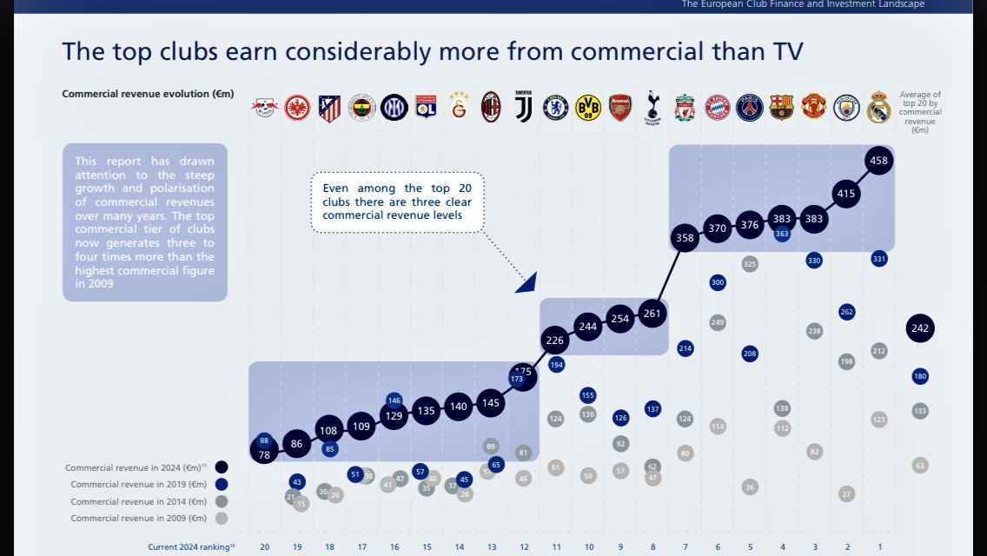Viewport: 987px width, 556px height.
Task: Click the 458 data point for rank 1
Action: [x=878, y=161]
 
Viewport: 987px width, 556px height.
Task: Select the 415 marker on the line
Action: [x=846, y=193]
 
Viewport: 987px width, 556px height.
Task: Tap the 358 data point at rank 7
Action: [x=685, y=237]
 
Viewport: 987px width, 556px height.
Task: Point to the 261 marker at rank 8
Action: [x=652, y=314]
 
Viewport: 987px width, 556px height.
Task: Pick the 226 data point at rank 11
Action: [x=555, y=340]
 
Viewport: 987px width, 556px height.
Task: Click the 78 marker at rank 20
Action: [x=264, y=454]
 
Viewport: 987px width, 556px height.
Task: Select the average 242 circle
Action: [x=920, y=328]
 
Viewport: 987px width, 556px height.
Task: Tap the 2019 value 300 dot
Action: [x=718, y=282]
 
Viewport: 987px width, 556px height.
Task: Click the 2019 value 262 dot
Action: [x=847, y=311]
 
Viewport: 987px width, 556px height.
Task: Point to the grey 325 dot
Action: [x=750, y=263]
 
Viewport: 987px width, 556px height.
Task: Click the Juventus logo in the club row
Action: [x=523, y=107]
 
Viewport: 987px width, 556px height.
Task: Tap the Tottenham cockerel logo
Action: [x=652, y=107]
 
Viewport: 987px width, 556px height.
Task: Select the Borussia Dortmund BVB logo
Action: [x=588, y=107]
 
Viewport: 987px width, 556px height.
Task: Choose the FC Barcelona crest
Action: [x=782, y=107]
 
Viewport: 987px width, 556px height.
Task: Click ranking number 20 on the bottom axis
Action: [x=264, y=546]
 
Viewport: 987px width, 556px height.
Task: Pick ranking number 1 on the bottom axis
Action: [x=879, y=546]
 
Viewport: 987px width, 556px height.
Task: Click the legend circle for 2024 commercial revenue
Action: [x=222, y=467]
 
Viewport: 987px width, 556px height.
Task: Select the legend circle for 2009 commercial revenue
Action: [x=222, y=519]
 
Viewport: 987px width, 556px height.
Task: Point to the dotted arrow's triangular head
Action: [x=527, y=282]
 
